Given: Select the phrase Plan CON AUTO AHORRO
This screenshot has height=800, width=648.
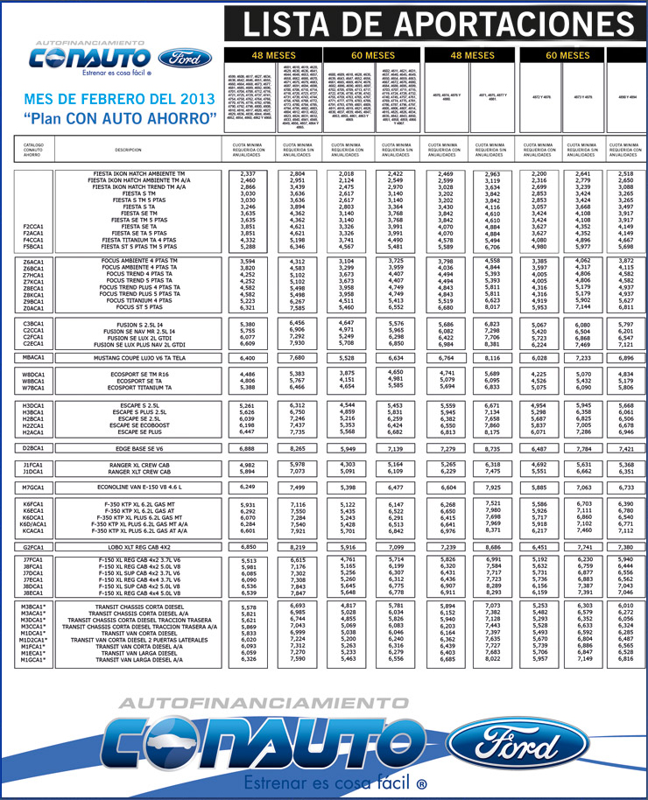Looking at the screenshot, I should (121, 117).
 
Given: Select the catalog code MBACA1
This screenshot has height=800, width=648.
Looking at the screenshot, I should (34, 358).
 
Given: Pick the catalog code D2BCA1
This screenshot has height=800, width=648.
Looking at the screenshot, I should (34, 448).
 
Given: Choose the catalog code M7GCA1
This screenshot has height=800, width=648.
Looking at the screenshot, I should (34, 487).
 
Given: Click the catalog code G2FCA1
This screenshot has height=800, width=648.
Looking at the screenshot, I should (34, 546).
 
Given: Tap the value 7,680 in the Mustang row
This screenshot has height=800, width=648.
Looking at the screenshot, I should (298, 358).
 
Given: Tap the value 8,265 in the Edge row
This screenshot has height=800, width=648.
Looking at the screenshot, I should (298, 448).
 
